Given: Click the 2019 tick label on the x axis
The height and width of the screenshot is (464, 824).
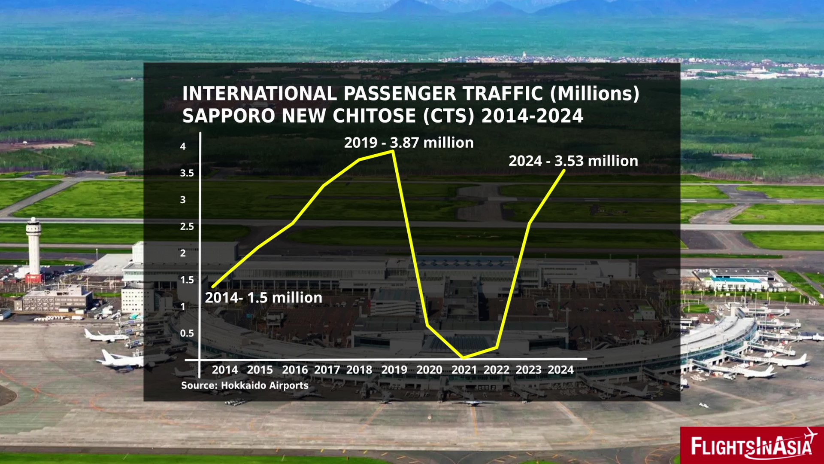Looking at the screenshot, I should coord(394,370).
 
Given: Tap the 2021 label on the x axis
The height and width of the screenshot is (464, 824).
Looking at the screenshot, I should coord(464,370).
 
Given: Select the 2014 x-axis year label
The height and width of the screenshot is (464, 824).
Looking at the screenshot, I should coord(225,370).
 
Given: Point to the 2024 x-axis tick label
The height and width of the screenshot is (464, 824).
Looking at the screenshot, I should coord(560,370).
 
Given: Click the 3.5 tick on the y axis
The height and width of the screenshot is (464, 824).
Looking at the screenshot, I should coord(187,173).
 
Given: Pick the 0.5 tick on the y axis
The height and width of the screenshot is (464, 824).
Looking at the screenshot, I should coord(187,333).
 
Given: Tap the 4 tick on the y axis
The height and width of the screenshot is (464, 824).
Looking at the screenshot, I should coord(183,147).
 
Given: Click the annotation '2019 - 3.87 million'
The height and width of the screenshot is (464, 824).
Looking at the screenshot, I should coord(409,143).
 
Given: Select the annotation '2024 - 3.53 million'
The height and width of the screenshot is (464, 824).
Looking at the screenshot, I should coord(573,161).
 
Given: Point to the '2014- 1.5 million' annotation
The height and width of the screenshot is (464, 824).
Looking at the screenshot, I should coord(264,298).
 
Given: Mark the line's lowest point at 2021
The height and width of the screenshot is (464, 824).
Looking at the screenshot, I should coord(463,357).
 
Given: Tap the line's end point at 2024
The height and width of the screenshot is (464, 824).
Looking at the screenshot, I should coord(564,171).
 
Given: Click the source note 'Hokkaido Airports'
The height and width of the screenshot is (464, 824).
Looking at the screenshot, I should coord(264,385).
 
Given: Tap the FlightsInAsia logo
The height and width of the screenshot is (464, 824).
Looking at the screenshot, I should coord(751,446).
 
